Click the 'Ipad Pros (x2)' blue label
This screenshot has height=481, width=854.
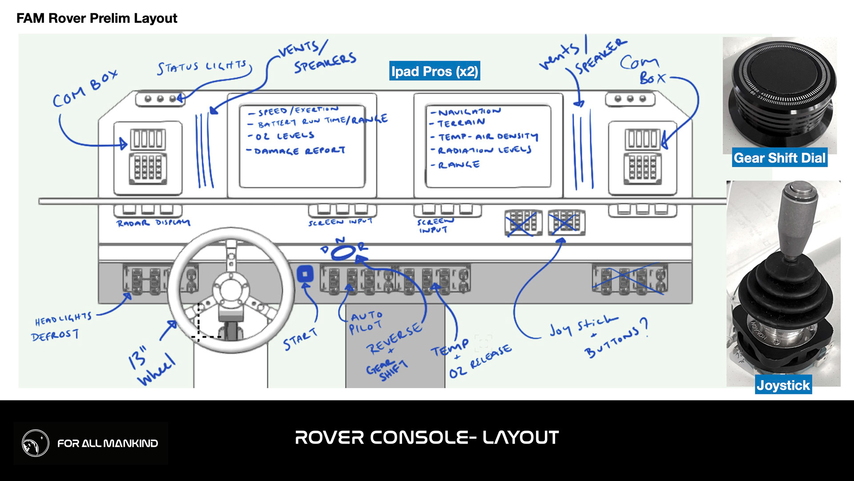pos(434,71)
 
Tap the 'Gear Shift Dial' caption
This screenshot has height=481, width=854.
pos(779,158)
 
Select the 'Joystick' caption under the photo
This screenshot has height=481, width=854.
pos(783,385)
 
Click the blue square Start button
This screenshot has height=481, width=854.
pos(305,274)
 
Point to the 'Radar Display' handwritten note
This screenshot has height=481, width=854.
pos(153,223)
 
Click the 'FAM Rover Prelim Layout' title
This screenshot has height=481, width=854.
pos(97,18)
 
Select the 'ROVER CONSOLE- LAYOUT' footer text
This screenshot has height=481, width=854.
pos(427,437)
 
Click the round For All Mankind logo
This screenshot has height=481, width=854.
pos(36,443)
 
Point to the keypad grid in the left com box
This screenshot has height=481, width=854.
pos(148,168)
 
